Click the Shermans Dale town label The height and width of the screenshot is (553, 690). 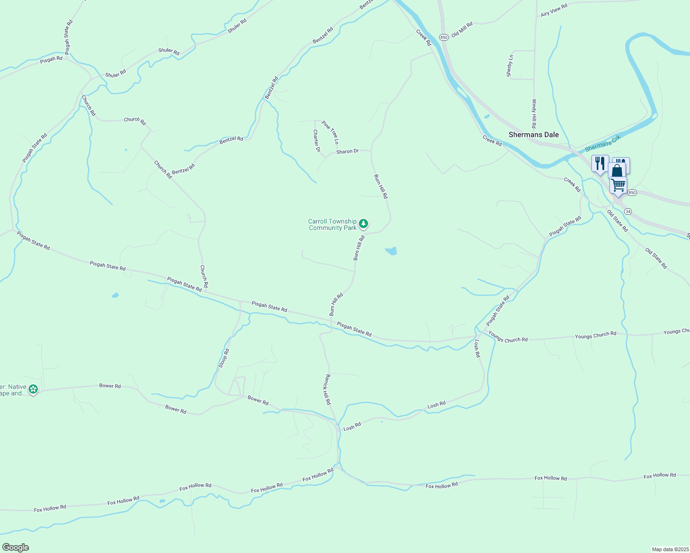click(533, 135)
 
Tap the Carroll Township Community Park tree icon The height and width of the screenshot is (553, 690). click(363, 224)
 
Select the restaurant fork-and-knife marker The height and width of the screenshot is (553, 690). click(600, 164)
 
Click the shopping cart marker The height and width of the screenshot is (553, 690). click(618, 185)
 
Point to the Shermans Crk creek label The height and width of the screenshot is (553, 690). click(603, 143)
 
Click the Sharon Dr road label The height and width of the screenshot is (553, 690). click(347, 151)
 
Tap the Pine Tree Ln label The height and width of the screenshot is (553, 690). click(330, 132)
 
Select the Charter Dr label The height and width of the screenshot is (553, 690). click(316, 141)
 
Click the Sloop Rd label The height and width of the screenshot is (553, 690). click(224, 358)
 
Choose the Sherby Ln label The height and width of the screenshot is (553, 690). click(510, 66)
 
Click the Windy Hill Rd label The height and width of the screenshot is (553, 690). click(534, 113)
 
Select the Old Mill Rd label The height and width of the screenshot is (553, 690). click(462, 29)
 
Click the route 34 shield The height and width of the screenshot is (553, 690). click(628, 211)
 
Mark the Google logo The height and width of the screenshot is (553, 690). click(15, 547)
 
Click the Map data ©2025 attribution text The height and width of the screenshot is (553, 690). click(670, 549)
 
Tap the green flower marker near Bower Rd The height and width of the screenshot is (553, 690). click(33, 389)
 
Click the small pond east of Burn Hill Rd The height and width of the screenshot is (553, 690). click(391, 251)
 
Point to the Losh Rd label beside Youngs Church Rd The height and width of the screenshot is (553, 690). click(477, 349)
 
